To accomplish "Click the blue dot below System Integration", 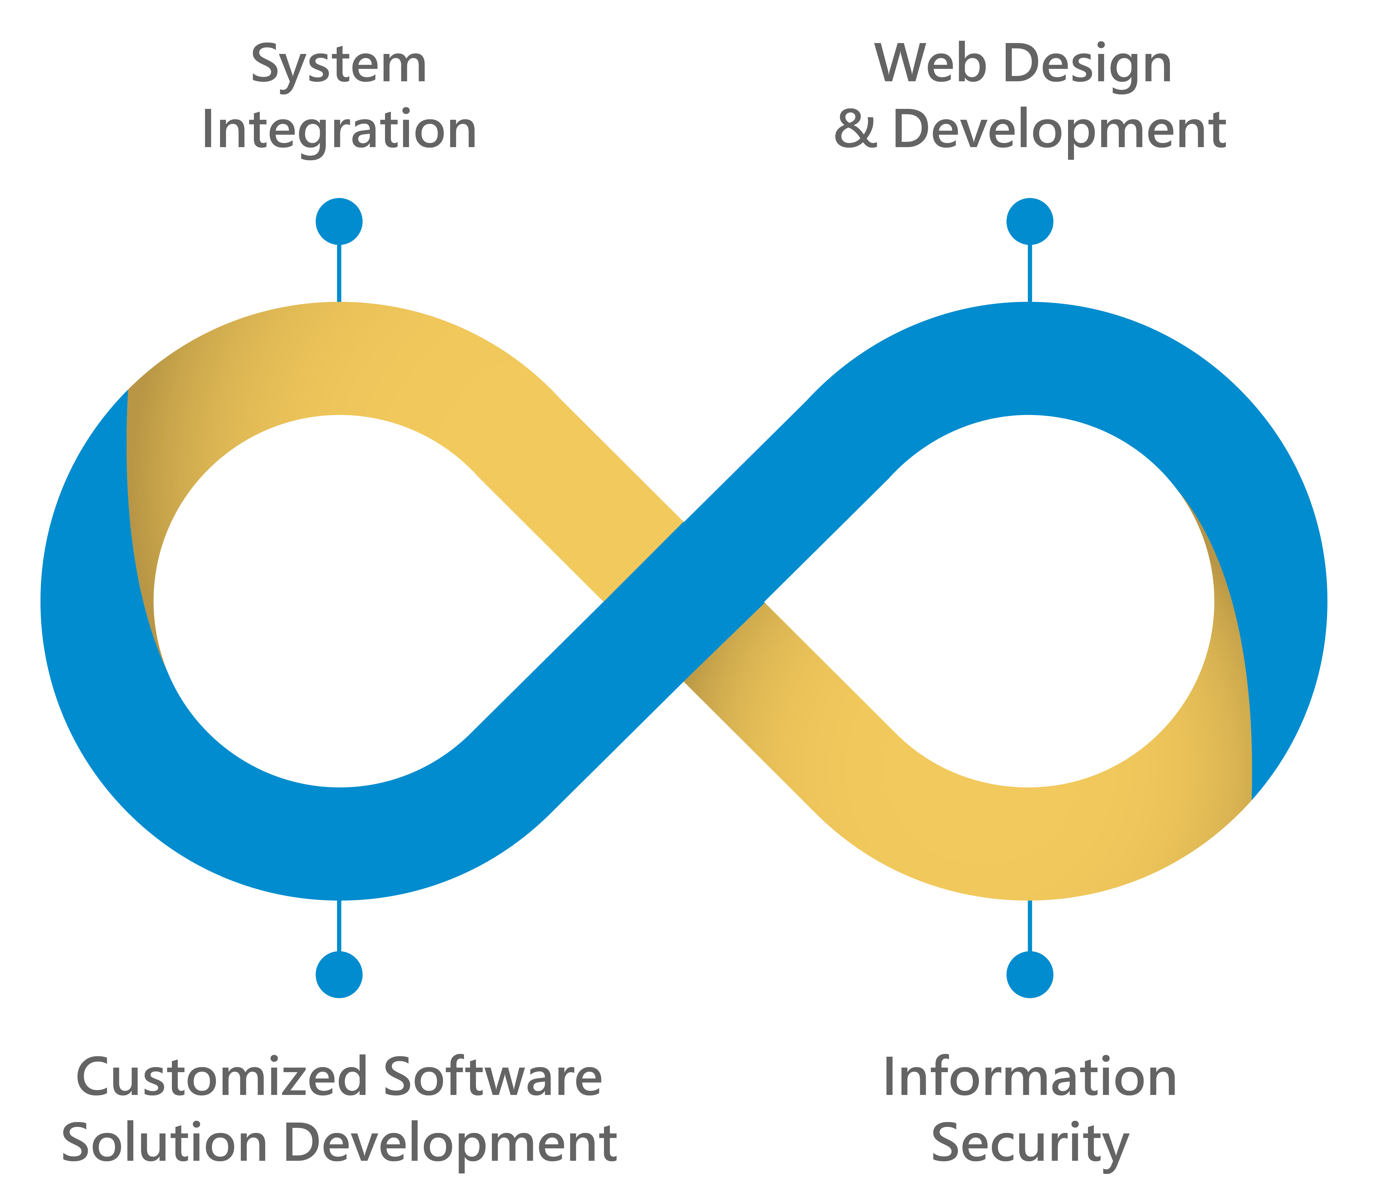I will click(x=339, y=221).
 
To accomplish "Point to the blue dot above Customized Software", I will click(x=339, y=975).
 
